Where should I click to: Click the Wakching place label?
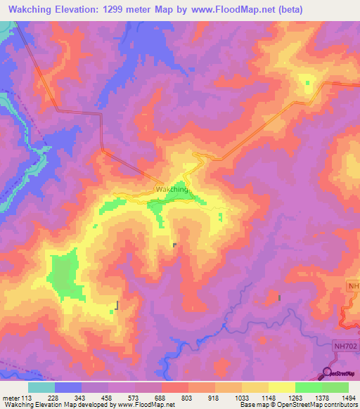(172, 190)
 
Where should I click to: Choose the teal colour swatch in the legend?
(41, 387)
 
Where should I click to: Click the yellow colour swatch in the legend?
(281, 387)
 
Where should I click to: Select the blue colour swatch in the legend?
(68, 387)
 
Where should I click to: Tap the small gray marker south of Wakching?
(174, 245)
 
